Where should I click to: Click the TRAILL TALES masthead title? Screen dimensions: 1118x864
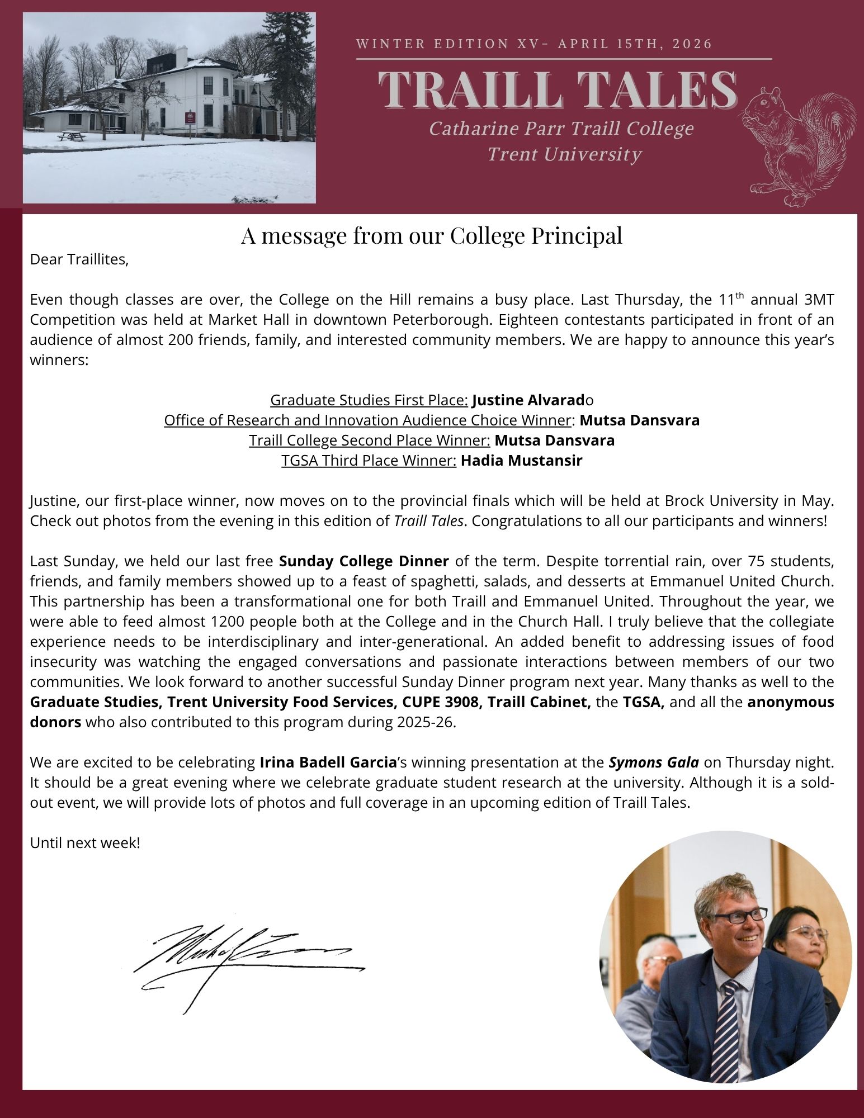pos(558,89)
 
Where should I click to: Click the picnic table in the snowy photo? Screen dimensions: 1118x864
pos(72,135)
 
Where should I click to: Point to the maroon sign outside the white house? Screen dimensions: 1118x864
pos(191,118)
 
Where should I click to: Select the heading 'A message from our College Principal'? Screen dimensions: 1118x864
pos(432,236)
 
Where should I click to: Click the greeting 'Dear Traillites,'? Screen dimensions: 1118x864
pos(79,260)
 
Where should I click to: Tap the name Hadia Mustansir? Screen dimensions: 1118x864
pos(521,461)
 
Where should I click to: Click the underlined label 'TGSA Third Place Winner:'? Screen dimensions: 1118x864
pos(369,461)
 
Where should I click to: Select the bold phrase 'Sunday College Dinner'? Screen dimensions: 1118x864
pos(363,561)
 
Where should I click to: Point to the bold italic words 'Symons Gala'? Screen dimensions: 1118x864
pos(654,762)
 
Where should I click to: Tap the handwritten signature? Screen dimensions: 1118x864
pos(246,960)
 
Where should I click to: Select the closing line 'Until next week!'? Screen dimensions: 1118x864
pos(85,842)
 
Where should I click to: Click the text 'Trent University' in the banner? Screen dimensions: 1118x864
pos(564,154)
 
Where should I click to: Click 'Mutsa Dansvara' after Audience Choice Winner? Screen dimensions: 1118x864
pos(639,420)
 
